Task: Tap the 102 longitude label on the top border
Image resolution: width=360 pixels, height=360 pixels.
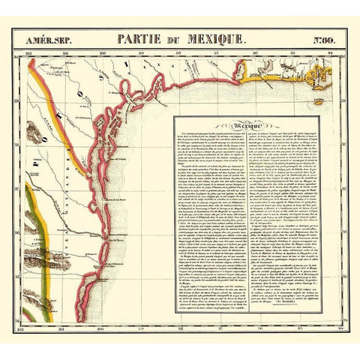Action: coord(30,53)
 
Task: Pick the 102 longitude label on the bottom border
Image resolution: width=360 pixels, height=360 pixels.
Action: coord(30,328)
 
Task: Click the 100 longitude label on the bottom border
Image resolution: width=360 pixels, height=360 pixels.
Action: coord(101,328)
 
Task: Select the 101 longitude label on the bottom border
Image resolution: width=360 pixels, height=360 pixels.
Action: coord(65,328)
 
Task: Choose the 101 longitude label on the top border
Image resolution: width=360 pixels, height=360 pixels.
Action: coord(65,53)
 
